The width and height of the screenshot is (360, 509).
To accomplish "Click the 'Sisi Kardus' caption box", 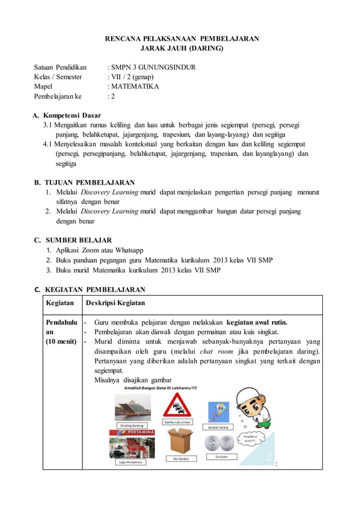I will tap(181, 459).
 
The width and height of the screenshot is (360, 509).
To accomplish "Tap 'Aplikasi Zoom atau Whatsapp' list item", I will tap(99, 250).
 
